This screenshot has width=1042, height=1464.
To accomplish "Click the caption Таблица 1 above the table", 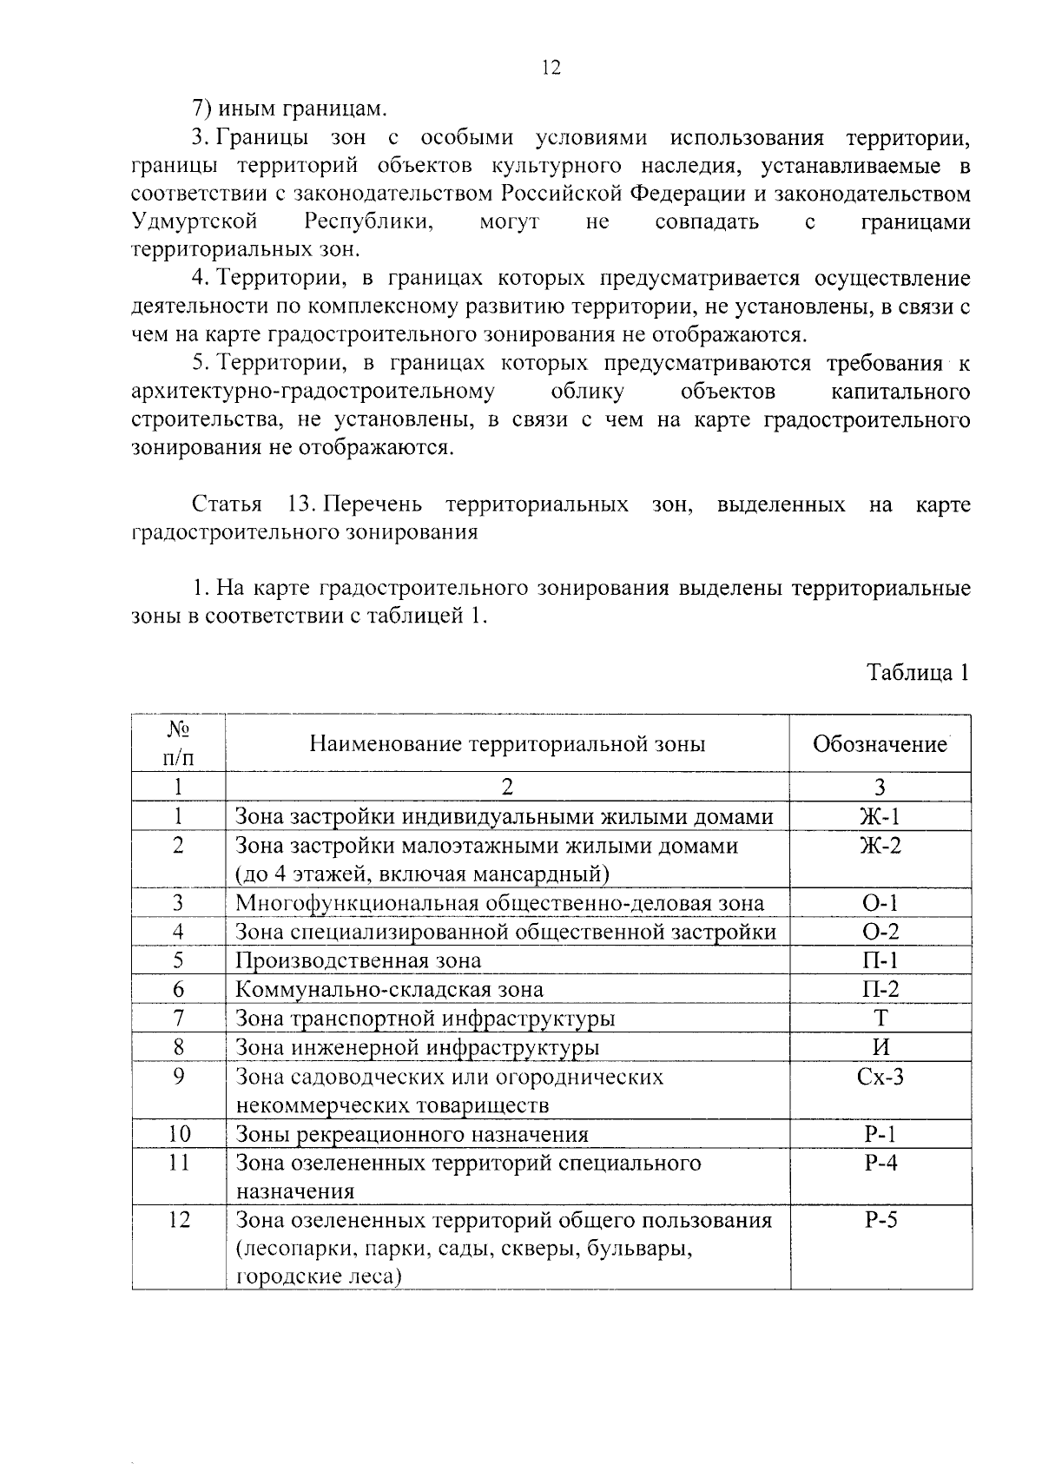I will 918,673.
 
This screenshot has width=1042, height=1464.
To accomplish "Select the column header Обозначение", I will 880,744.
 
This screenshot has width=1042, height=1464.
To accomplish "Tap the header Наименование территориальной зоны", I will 507,744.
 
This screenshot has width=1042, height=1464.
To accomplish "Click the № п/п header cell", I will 178,743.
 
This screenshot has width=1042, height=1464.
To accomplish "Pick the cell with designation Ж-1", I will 880,816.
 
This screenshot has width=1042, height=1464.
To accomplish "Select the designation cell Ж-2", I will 880,845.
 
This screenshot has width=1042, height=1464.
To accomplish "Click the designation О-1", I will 880,903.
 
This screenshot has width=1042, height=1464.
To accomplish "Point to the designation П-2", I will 880,989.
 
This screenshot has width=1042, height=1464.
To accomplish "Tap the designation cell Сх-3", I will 880,1077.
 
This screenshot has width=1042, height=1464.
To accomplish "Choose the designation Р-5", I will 880,1221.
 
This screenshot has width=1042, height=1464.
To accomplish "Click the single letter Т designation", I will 880,1018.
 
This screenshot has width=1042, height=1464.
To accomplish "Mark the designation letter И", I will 880,1047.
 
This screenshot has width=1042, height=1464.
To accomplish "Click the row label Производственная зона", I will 359,960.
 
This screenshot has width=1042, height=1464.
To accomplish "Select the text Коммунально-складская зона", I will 390,990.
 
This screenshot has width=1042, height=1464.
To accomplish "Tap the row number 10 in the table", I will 179,1134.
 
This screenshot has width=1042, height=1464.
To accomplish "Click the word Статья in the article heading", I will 226,504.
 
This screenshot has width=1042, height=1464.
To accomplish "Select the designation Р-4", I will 880,1164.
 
